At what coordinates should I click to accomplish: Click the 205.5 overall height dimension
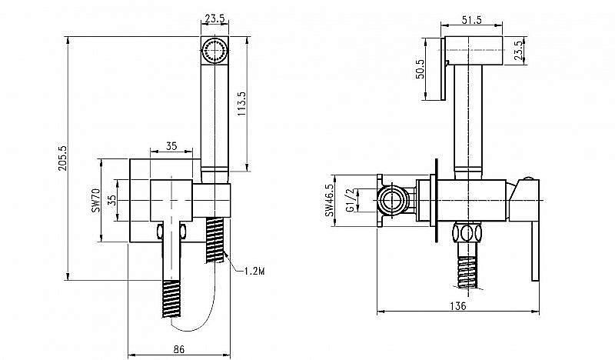coord(63,158)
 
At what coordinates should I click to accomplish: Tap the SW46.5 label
coord(329,202)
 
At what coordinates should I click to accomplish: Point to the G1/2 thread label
coord(350,202)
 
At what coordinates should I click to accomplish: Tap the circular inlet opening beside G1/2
coord(392,202)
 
